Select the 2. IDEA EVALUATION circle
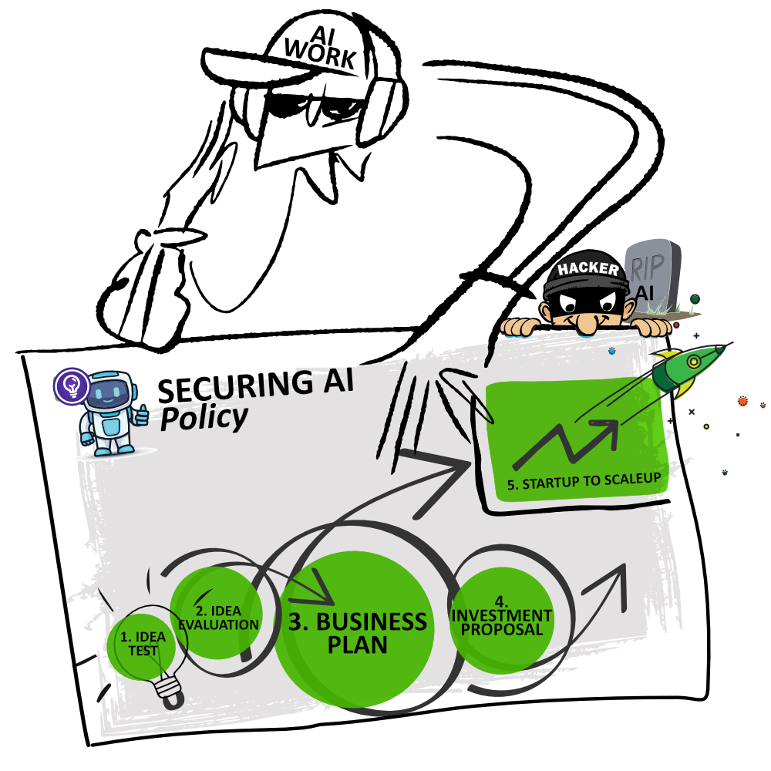(217, 613)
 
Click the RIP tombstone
(653, 274)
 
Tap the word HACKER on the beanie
(588, 269)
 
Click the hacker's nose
(588, 324)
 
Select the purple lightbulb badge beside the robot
(72, 385)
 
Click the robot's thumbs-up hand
(142, 416)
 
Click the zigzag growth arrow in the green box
(567, 443)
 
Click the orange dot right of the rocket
(742, 402)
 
